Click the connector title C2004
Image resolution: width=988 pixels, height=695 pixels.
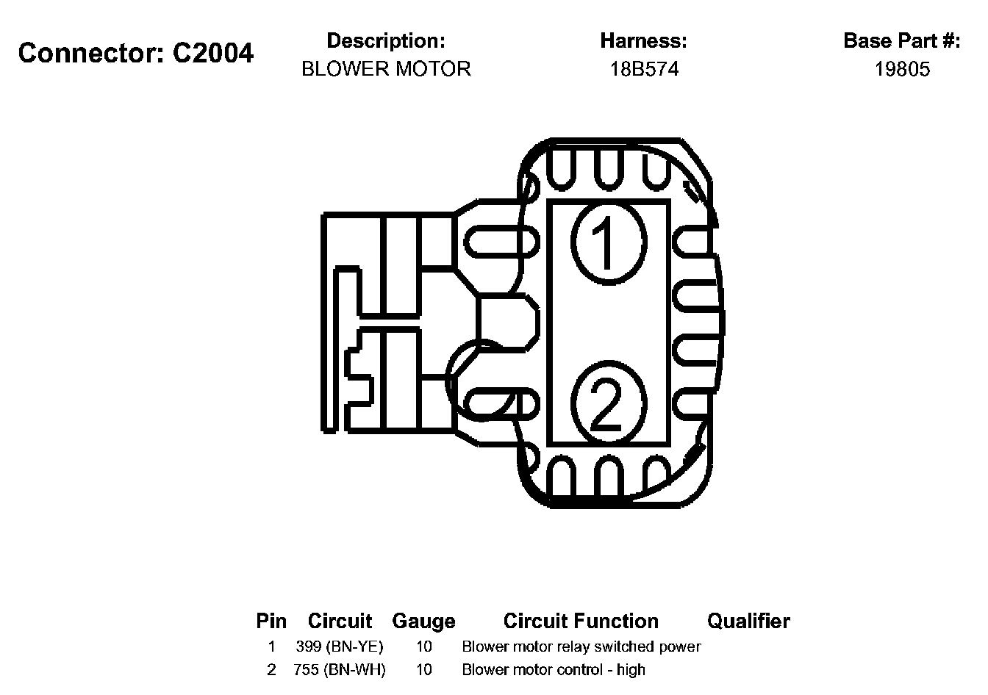[136, 53]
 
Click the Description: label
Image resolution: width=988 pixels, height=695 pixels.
[386, 40]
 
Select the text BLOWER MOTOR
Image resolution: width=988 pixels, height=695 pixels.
[386, 69]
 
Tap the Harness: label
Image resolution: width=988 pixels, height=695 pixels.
[643, 40]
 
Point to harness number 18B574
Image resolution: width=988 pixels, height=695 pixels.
[644, 69]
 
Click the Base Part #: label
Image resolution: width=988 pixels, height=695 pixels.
[902, 40]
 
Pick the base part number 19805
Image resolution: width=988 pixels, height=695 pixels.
[902, 69]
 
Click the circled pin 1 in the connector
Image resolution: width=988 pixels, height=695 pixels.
[608, 242]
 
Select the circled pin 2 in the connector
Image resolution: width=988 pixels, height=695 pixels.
[608, 405]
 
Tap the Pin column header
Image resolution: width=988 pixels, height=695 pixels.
[271, 622]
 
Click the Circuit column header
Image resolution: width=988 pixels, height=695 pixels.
[340, 622]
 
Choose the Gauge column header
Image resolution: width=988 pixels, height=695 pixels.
[423, 622]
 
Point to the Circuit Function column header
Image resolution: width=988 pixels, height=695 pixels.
[581, 622]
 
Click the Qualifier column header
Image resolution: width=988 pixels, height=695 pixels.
[748, 622]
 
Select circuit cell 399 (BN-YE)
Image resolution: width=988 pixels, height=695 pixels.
[340, 647]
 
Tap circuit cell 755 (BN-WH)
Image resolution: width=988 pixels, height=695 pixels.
[340, 670]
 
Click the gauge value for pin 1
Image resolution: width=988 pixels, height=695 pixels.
[424, 647]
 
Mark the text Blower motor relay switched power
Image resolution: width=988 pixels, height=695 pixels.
[581, 647]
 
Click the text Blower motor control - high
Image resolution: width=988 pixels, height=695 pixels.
[554, 670]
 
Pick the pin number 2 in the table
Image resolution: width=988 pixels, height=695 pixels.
[271, 670]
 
